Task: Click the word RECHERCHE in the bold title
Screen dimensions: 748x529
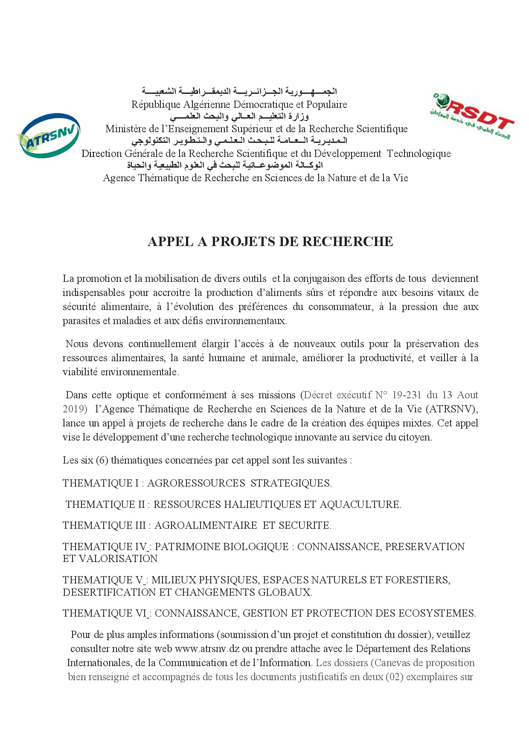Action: (x=348, y=242)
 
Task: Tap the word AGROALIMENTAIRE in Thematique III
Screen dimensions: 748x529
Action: (x=206, y=525)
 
